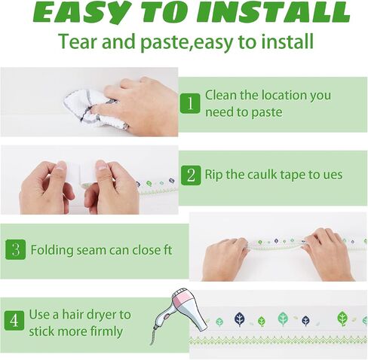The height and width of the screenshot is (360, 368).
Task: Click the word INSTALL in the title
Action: tap(273, 12)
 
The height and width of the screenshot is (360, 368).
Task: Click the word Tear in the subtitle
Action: tap(78, 41)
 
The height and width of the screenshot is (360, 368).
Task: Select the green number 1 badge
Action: tap(190, 103)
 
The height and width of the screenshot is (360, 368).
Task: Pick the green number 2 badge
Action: tap(191, 175)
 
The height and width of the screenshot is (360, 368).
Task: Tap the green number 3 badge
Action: tap(16, 249)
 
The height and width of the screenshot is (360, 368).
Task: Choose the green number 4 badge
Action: tap(14, 321)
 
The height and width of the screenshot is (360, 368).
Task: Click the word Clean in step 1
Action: tap(221, 95)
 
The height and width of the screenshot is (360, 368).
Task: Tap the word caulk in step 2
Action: tap(262, 175)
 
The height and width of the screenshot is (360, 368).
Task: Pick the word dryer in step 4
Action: tap(101, 315)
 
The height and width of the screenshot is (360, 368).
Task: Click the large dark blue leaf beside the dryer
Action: tap(240, 319)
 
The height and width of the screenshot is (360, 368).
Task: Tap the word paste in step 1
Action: tap(267, 112)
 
